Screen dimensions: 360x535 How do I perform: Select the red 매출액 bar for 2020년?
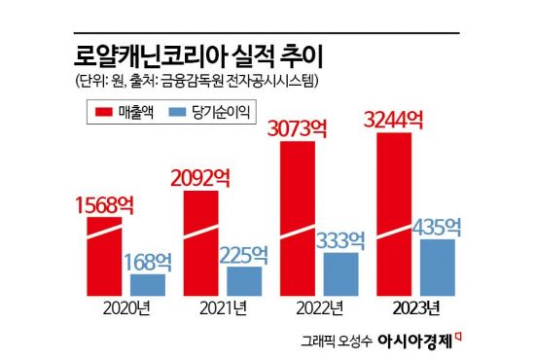[x=104, y=258]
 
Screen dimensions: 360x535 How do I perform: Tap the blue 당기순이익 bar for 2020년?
[x=148, y=285]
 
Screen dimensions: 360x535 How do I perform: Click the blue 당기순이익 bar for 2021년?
[x=244, y=280]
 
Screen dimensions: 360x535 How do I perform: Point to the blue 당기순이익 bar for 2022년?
[x=340, y=273]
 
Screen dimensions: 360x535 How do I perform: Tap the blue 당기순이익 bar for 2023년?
[x=437, y=267]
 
